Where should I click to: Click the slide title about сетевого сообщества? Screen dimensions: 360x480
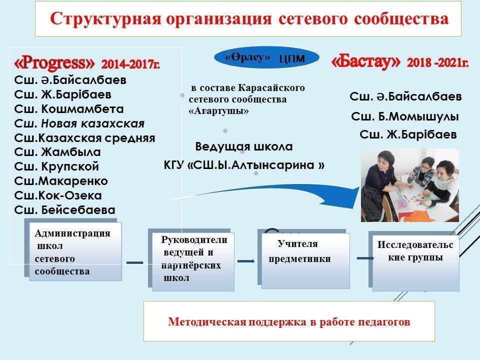pos(248,18)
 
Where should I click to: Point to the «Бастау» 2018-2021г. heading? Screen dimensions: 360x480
pos(399,62)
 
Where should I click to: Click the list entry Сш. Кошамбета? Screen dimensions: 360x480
pos(69,109)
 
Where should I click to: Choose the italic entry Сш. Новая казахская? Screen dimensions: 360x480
pos(80,123)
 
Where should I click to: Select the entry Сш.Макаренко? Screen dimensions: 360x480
pos(61,180)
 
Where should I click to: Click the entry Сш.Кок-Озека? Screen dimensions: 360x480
pos(58,195)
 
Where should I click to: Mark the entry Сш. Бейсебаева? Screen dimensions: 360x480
pos(65,209)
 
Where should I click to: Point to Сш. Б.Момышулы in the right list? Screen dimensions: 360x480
pos(405,117)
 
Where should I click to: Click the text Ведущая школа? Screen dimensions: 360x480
pos(243,147)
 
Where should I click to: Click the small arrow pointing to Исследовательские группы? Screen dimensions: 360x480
pos(365,257)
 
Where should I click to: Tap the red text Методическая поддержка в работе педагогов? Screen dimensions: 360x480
pos(289,321)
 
